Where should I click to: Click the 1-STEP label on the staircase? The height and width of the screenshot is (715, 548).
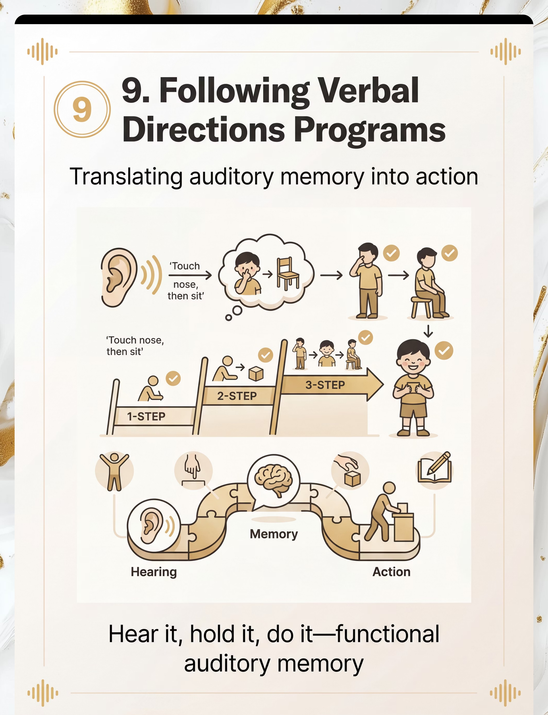coord(146,416)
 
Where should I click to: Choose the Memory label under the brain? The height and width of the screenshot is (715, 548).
coord(274,534)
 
